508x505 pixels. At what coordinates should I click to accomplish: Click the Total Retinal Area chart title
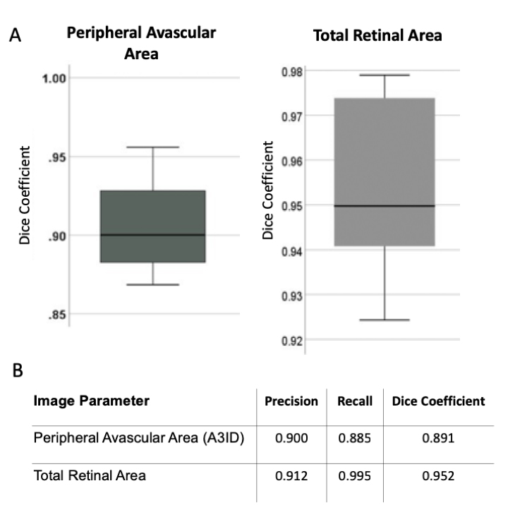click(378, 36)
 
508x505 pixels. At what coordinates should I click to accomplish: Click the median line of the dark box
click(153, 235)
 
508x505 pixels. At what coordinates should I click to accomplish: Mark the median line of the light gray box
click(384, 206)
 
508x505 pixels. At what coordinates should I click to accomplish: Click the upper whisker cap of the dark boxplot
click(153, 147)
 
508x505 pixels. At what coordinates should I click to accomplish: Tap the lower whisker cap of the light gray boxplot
click(384, 320)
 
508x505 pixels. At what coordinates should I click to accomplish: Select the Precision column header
click(291, 401)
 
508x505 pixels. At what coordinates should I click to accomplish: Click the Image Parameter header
click(91, 401)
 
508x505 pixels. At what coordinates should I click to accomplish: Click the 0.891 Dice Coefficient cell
click(438, 437)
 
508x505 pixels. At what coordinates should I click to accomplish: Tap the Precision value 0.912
click(291, 475)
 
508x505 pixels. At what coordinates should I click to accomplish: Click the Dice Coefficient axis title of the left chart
click(25, 195)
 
